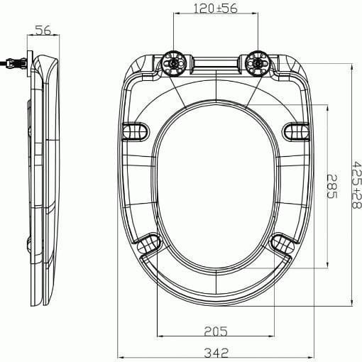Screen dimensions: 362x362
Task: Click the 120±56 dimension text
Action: pyautogui.click(x=215, y=9)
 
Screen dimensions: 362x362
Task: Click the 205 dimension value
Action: pyautogui.click(x=216, y=329)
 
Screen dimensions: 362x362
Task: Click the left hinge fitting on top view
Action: pyautogui.click(x=174, y=63)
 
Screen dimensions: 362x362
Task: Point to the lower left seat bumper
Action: pyautogui.click(x=147, y=244)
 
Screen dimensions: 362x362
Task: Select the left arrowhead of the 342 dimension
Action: pyautogui.click(x=119, y=356)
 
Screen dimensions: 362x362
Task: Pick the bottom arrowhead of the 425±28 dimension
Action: pyautogui.click(x=351, y=304)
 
